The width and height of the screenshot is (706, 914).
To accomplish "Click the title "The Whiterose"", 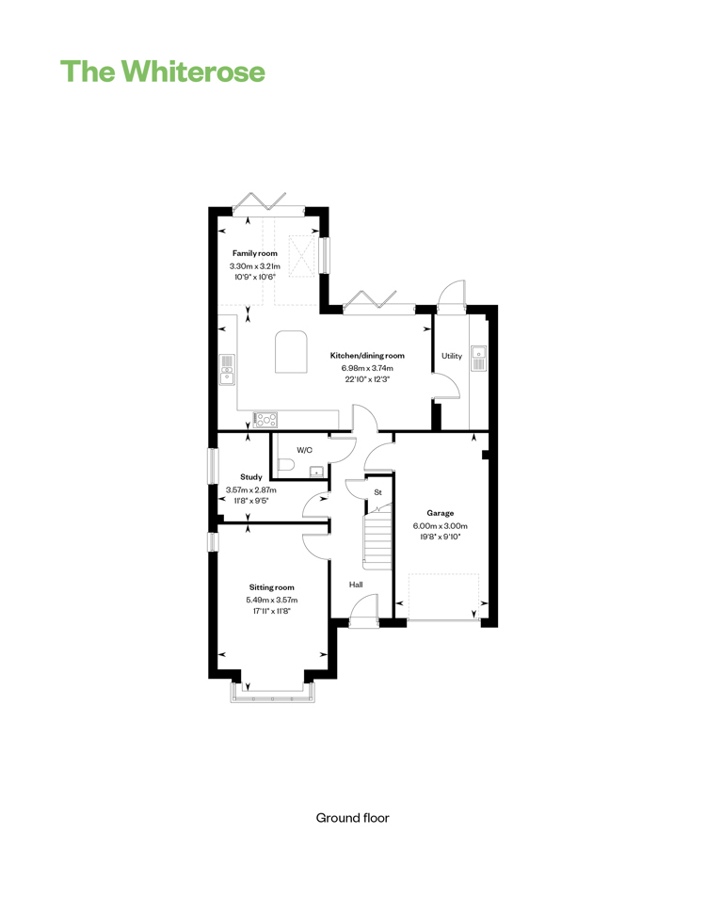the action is tap(163, 72).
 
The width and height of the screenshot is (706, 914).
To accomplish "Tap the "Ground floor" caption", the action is tap(352, 818).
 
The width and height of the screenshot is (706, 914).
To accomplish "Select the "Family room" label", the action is tap(255, 253).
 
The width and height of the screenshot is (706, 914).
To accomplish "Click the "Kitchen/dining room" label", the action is tap(367, 356).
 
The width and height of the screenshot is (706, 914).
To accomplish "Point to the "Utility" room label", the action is tap(452, 356).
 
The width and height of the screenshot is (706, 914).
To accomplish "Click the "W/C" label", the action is tap(304, 450).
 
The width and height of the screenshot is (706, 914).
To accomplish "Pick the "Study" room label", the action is tap(251, 477).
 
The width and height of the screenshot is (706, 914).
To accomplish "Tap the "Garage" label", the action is tap(441, 513).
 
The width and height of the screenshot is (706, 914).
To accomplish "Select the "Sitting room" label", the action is tap(272, 587).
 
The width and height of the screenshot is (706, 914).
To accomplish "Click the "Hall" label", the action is tap(356, 585).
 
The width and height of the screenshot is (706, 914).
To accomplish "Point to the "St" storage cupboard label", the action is tap(377, 492).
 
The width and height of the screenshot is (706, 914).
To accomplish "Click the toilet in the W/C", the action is tap(285, 465).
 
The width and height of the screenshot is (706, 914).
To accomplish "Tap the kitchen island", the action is tap(291, 351).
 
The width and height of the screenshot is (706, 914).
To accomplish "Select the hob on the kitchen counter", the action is tap(265, 419).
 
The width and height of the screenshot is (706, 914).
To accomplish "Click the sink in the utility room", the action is tap(478, 359).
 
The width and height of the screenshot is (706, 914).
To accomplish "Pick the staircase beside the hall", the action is tap(378, 537).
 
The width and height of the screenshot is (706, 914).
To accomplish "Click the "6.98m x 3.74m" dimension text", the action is tap(367, 368).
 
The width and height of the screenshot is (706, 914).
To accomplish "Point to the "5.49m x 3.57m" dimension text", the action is tap(272, 600).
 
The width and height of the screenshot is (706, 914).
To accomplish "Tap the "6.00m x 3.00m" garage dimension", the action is tap(441, 526).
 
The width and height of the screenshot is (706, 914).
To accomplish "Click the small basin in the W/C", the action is tap(316, 471).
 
